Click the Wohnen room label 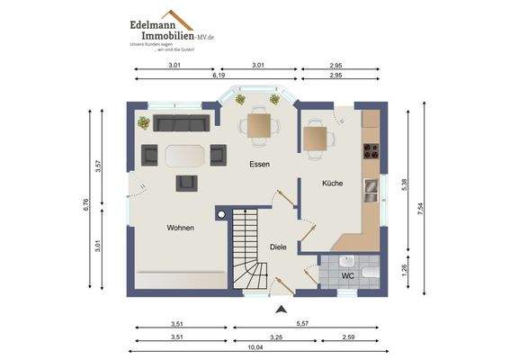tap(180, 228)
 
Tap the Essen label tap(261, 165)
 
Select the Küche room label tap(332, 184)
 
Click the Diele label tap(279, 247)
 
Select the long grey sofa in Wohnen tap(179, 123)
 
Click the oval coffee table tap(185, 155)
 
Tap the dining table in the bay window tap(260, 125)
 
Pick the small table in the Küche tap(315, 139)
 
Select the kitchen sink tap(371, 189)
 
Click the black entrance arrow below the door tap(281, 309)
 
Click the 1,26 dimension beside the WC tap(405, 267)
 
